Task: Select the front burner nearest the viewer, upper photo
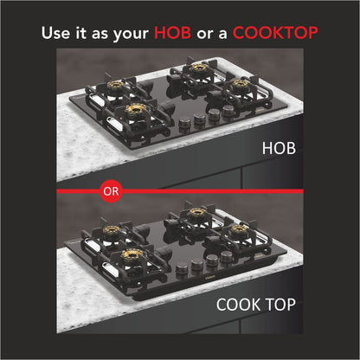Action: tap(134, 112)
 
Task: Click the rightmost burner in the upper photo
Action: tap(238, 87)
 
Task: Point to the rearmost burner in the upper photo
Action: tap(200, 67)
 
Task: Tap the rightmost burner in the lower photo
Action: tap(237, 233)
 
